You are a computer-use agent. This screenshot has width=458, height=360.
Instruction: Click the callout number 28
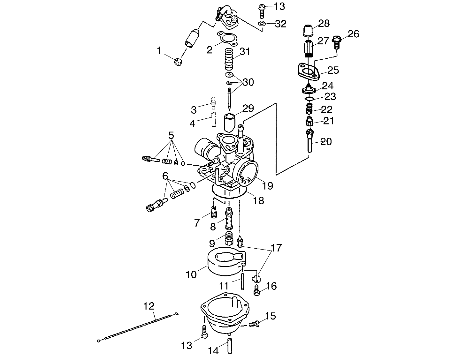[x=324, y=24]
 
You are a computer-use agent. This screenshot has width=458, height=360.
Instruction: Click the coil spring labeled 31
[x=231, y=59]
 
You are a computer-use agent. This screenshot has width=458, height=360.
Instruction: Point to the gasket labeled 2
[x=226, y=39]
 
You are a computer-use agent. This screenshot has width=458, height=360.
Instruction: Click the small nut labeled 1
[x=178, y=62]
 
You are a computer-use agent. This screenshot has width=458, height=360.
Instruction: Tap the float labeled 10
[x=224, y=261]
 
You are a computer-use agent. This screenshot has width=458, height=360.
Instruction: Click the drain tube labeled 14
[x=230, y=345]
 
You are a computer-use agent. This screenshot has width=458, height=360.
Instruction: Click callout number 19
[x=268, y=185]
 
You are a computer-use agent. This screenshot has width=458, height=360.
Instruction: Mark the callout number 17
[x=276, y=248]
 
